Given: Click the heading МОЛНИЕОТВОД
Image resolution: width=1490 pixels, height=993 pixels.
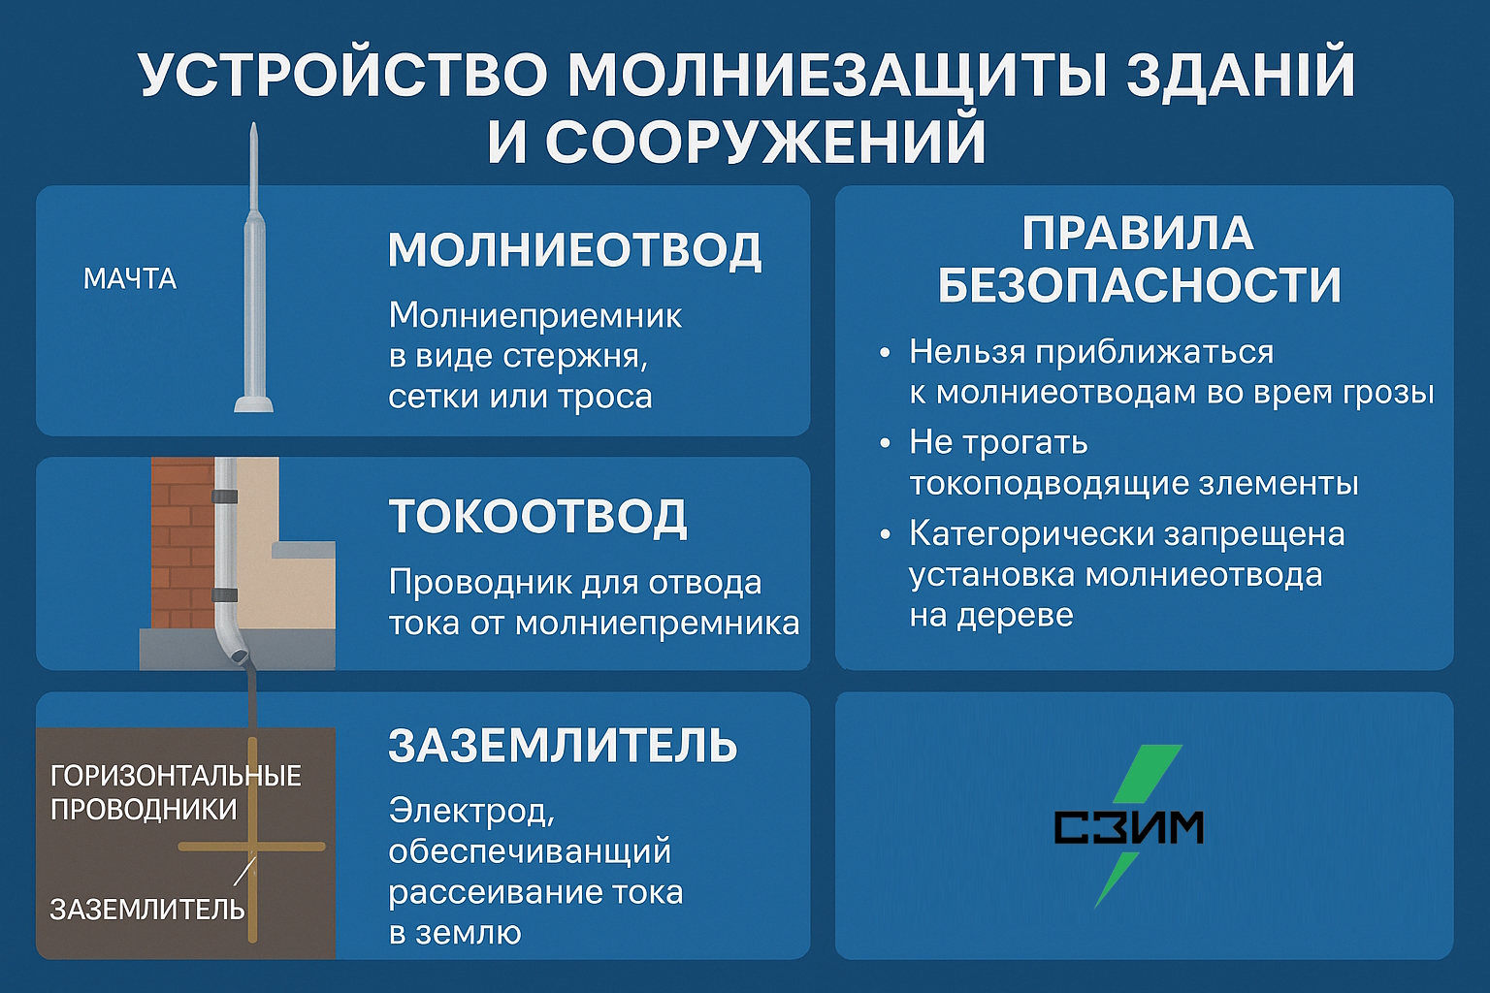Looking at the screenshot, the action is click(574, 250).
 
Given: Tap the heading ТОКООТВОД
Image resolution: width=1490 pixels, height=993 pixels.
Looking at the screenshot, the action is click(537, 517).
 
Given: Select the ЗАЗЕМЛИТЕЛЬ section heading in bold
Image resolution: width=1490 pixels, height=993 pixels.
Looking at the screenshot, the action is click(563, 745).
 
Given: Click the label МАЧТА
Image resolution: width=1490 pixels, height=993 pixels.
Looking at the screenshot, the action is click(130, 278).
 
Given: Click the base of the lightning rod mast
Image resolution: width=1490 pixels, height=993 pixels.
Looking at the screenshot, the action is click(253, 403).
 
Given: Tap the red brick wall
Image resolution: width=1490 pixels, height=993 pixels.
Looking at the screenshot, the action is click(182, 541).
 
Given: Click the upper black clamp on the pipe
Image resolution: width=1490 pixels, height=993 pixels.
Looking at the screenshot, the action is click(225, 496).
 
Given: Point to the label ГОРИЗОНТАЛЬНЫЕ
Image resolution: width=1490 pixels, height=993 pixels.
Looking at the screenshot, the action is click(176, 776).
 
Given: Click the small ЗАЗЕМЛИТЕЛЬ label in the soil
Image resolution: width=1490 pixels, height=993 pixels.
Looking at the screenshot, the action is click(147, 910).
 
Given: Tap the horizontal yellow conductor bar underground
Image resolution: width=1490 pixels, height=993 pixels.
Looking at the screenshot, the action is click(252, 847).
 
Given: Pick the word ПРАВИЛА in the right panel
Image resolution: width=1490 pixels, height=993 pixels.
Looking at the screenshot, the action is click(1138, 234).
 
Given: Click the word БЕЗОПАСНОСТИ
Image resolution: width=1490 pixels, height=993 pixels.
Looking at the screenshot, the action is click(1140, 286).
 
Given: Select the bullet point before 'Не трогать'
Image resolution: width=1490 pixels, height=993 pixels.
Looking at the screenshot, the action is click(884, 443).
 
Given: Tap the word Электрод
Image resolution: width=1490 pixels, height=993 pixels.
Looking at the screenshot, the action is click(470, 812).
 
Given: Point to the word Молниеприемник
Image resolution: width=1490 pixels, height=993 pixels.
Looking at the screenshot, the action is click(534, 316).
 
